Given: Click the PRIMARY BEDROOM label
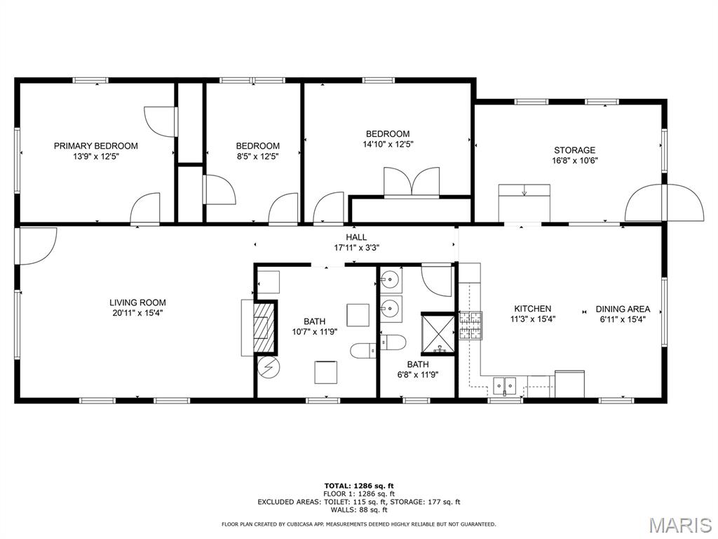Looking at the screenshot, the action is click(x=95, y=146).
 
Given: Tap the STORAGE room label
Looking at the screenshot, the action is click(x=575, y=150).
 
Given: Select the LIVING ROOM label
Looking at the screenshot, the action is click(x=137, y=302).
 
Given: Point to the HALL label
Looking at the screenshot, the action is click(x=356, y=237).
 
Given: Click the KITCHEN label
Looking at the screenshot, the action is click(x=533, y=309).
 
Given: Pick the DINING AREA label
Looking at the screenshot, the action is click(x=623, y=309).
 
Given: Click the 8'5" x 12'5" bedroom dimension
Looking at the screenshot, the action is click(x=258, y=157).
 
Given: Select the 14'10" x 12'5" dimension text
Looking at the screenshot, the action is click(x=388, y=145).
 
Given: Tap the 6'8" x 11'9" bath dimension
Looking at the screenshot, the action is click(x=418, y=375).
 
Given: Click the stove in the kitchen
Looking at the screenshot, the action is click(x=471, y=326).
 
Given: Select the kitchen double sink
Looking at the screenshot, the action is click(x=504, y=386).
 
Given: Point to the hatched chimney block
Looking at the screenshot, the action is click(x=264, y=326).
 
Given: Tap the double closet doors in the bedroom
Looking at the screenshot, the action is click(x=412, y=182).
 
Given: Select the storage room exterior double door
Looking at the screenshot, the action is click(x=665, y=202).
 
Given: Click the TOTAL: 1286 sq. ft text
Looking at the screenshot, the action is click(x=359, y=486).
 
